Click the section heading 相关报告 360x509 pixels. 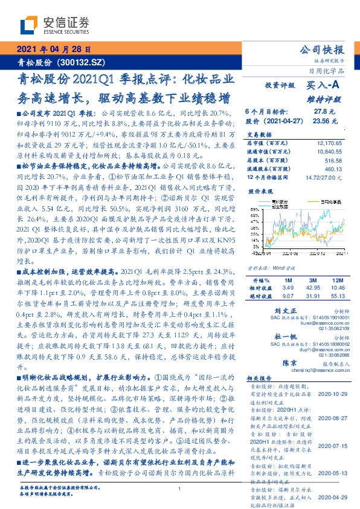coord(260,376)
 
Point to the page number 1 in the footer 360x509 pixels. coord(180,489)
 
